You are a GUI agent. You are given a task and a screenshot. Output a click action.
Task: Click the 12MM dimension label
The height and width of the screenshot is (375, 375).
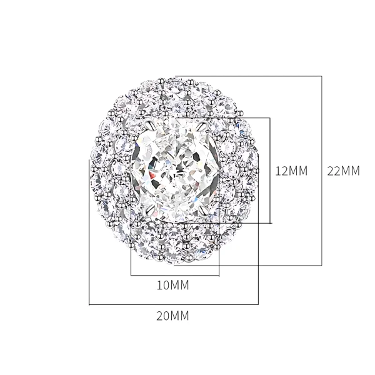click(x=292, y=171)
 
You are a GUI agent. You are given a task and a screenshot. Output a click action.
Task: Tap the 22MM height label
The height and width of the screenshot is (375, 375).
click(x=344, y=171)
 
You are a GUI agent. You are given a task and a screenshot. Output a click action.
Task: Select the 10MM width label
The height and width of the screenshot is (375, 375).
click(x=172, y=286)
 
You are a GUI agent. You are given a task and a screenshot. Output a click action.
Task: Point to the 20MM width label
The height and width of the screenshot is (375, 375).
click(x=172, y=316)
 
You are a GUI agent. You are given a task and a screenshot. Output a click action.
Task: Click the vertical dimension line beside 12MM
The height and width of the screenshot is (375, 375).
click(x=270, y=170)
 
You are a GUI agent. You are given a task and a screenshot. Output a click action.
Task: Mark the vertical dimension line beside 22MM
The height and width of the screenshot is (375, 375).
click(x=322, y=171)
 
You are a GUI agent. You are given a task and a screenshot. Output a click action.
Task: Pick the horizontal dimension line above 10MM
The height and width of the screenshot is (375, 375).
click(x=175, y=275)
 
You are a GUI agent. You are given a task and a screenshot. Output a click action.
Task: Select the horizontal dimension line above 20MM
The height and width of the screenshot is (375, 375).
click(x=174, y=304)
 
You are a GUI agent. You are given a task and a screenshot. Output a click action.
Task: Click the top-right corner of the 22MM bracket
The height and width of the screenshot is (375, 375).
click(x=322, y=76)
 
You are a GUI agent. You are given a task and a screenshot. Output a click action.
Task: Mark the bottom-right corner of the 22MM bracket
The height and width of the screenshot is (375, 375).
click(x=322, y=265)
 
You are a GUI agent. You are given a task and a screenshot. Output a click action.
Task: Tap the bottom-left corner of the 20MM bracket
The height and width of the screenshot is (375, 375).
click(x=89, y=304)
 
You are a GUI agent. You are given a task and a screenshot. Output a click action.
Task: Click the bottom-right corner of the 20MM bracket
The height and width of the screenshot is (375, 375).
click(x=258, y=304)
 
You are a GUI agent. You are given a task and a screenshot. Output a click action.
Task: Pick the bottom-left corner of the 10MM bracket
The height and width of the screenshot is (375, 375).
click(x=131, y=275)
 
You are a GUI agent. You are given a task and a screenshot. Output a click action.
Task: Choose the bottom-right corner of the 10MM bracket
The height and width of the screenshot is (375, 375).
click(x=219, y=275)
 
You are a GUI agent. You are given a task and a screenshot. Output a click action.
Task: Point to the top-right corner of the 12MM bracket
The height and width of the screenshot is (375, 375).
click(x=270, y=117)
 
